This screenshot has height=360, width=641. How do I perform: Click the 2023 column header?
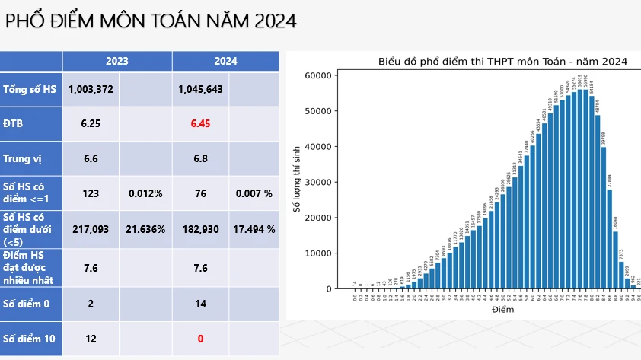(x=116, y=61)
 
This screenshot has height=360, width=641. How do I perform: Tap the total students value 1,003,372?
(x=91, y=89)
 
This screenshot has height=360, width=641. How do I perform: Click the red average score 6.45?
(x=200, y=123)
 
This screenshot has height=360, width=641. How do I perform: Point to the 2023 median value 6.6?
(x=91, y=158)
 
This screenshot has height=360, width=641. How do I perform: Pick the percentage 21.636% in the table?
(x=145, y=228)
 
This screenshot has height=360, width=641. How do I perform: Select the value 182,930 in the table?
(x=200, y=228)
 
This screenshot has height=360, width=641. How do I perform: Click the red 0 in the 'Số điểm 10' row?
(x=200, y=339)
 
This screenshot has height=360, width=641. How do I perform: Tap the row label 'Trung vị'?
(x=22, y=159)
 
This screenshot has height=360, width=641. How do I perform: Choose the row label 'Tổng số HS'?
(x=30, y=89)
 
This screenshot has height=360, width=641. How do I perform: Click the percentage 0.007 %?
(x=254, y=193)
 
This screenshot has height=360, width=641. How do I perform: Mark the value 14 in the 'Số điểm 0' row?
(x=200, y=303)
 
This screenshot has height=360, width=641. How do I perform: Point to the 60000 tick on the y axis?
(x=318, y=75)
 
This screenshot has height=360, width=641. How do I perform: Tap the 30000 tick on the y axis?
(x=318, y=182)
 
